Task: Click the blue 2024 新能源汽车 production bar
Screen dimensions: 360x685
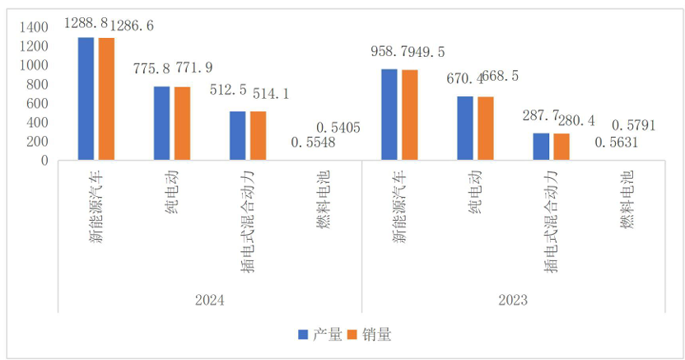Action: (x=86, y=99)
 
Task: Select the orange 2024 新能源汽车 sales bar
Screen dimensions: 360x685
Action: (x=106, y=99)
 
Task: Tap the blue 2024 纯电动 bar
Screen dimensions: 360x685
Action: (x=161, y=124)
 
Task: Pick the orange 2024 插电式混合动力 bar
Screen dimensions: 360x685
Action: (x=258, y=136)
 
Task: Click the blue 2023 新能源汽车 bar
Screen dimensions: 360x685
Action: (x=389, y=115)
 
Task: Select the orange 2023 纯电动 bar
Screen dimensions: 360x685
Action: (x=485, y=129)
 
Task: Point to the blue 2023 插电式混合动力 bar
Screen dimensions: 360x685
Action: (x=541, y=147)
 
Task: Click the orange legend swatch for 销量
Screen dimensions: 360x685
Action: (x=354, y=334)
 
